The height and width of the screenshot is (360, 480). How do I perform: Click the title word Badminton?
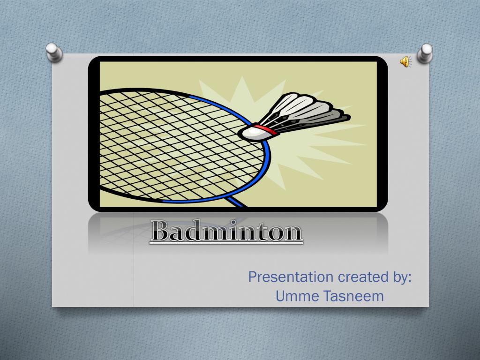(226, 232)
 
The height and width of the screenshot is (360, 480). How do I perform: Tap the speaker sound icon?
(405, 61)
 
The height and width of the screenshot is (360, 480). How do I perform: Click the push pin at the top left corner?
(55, 52)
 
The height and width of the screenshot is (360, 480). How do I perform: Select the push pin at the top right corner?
(425, 52)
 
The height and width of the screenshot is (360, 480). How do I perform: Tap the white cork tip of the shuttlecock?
(251, 133)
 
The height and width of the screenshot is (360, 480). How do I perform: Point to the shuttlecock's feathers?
(305, 110)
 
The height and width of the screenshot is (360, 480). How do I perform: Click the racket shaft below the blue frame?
(237, 202)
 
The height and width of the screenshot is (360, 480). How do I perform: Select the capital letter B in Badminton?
(159, 232)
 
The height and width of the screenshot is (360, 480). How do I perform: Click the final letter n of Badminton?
(294, 233)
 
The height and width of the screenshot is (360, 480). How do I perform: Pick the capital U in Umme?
(280, 296)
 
